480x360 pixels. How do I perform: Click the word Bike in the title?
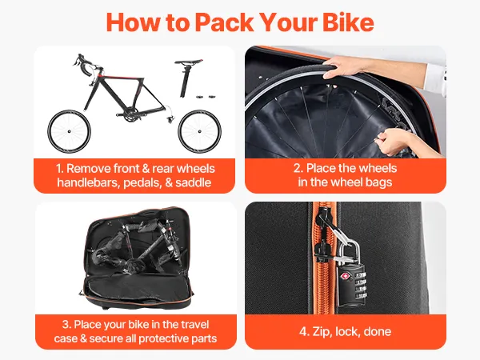pos(348,22)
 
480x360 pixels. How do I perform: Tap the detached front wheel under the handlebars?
pos(69,131)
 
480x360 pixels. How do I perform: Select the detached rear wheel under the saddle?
pos(199,131)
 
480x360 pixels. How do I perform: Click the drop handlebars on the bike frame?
pos(85,65)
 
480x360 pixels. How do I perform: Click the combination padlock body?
pos(352,285)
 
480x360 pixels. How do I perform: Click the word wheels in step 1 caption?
pos(196,169)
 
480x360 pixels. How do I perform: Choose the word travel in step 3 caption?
pos(194,325)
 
